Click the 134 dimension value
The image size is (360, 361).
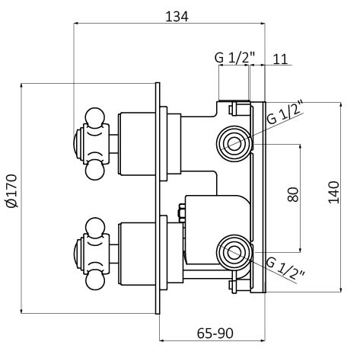(x=177, y=17)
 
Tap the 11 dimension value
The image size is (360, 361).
(x=280, y=59)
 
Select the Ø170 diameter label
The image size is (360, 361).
(x=12, y=190)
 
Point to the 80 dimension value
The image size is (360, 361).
(x=293, y=194)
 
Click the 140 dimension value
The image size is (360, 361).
(x=333, y=192)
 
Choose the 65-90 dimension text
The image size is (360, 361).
(x=215, y=333)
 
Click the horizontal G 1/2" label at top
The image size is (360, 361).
(x=234, y=58)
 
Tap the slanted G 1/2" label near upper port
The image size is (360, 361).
(x=285, y=113)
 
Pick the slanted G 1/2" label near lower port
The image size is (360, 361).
(x=285, y=268)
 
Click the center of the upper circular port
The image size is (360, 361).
(x=234, y=144)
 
